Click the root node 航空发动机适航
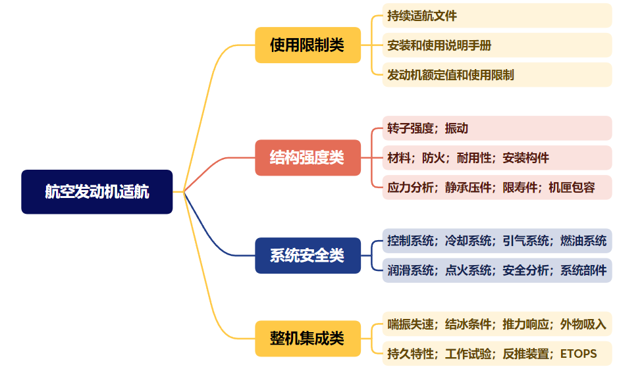pyautogui.click(x=97, y=192)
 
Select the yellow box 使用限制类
pyautogui.click(x=308, y=45)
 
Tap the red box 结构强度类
pyautogui.click(x=308, y=158)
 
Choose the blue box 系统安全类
pyautogui.click(x=308, y=255)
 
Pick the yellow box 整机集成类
pyautogui.click(x=308, y=339)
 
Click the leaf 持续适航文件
pyautogui.click(x=422, y=15)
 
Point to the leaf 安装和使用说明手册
pyautogui.click(x=439, y=45)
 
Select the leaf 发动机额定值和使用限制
pyautogui.click(x=451, y=75)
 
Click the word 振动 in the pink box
pyautogui.click(x=456, y=128)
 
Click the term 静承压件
pyautogui.click(x=469, y=187)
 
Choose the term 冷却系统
pyautogui.click(x=468, y=241)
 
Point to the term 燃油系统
pyautogui.click(x=583, y=241)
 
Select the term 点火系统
pyautogui.click(x=468, y=270)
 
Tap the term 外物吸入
pyautogui.click(x=583, y=324)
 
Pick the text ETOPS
pyautogui.click(x=578, y=354)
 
